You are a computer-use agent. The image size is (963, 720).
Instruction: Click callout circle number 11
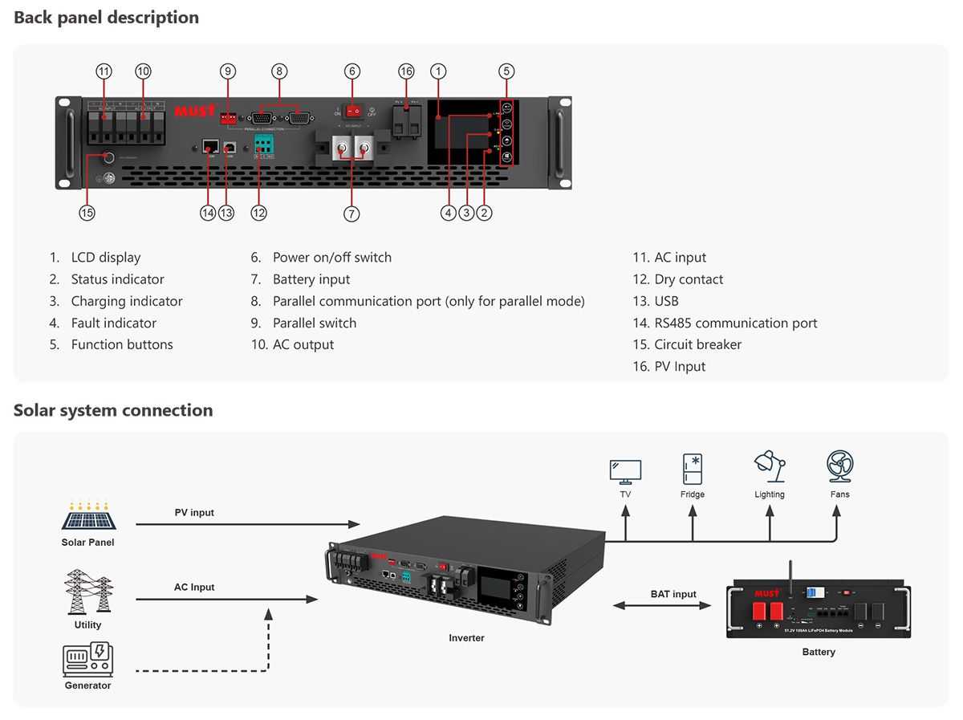point(104,71)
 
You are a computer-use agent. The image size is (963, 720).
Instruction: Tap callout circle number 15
point(87,213)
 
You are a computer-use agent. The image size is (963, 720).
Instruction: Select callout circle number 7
point(351,214)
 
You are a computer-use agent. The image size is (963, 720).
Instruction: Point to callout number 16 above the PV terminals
point(406,71)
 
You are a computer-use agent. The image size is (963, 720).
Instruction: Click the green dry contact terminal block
point(263,144)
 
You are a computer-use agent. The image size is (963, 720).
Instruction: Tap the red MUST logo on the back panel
point(195,110)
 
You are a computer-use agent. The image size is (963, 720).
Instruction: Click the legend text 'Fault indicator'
point(113,323)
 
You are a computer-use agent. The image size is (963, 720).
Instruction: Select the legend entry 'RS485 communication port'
point(735,323)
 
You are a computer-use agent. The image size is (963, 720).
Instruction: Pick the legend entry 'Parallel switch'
point(314,323)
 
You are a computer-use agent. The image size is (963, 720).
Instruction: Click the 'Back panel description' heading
point(106,18)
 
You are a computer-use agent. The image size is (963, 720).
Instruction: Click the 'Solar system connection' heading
point(113,410)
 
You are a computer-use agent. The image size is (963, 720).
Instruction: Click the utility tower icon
point(88,592)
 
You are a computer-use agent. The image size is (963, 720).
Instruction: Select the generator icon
point(87,659)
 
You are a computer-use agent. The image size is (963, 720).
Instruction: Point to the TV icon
point(625,470)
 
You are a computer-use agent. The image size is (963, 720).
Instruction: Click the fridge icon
point(693,469)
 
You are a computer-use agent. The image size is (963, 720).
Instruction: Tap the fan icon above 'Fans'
point(839,466)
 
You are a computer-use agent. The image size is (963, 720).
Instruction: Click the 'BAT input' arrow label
point(673,594)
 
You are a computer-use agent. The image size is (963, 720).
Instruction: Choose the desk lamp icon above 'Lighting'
point(769,467)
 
